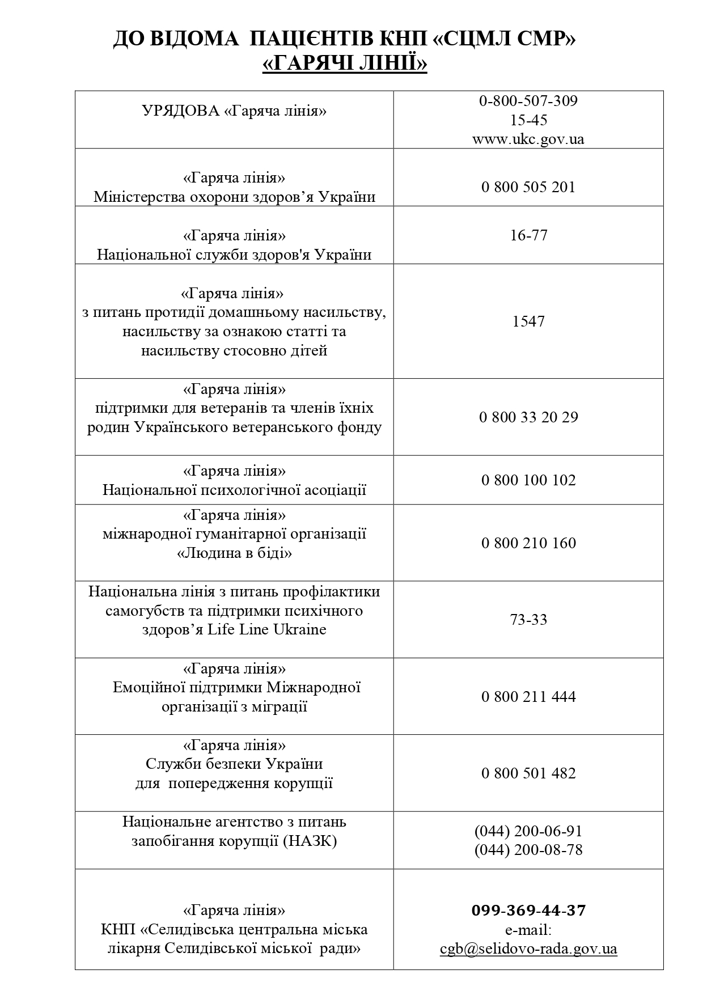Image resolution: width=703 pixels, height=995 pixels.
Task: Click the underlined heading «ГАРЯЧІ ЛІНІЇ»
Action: pos(345,63)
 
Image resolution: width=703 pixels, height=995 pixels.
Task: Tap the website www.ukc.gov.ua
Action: pos(528,139)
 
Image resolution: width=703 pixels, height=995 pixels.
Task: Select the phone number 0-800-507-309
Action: pos(528,101)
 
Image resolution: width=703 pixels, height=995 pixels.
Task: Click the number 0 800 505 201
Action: pos(528,187)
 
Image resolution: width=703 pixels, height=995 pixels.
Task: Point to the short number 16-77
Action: pos(528,235)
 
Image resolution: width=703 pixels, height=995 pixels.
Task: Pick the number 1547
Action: pos(528,321)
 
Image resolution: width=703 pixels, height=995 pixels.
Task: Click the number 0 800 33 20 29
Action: pos(528,417)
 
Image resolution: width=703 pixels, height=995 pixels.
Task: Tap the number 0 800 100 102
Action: pos(528,480)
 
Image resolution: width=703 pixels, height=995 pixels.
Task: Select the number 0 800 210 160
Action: pos(528,543)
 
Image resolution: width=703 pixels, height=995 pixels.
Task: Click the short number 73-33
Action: pos(528,619)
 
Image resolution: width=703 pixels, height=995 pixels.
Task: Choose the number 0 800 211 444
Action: pos(528,696)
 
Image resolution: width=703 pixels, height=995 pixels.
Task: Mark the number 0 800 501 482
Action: pos(528,773)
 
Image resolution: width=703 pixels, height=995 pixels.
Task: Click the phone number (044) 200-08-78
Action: pos(528,850)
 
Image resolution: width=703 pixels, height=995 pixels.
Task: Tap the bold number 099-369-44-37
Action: pos(528,911)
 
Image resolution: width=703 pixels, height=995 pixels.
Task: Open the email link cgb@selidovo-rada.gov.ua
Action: pos(528,949)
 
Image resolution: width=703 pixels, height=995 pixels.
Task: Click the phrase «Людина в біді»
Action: pos(234,553)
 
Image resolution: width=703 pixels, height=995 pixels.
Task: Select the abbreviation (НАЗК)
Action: pos(310,841)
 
